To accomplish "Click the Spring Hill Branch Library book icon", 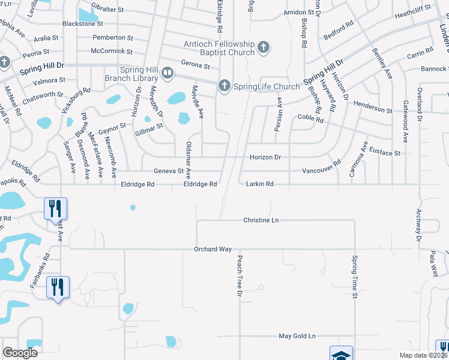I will [167, 74].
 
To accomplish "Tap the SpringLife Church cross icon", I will [224, 86].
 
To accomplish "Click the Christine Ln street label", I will [261, 220].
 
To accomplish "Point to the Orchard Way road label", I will [212, 249].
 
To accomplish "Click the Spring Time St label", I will [355, 277].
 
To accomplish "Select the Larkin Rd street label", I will [260, 184].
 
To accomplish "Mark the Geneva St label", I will [169, 171].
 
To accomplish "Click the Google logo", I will [20, 352].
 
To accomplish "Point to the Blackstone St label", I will [83, 24].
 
